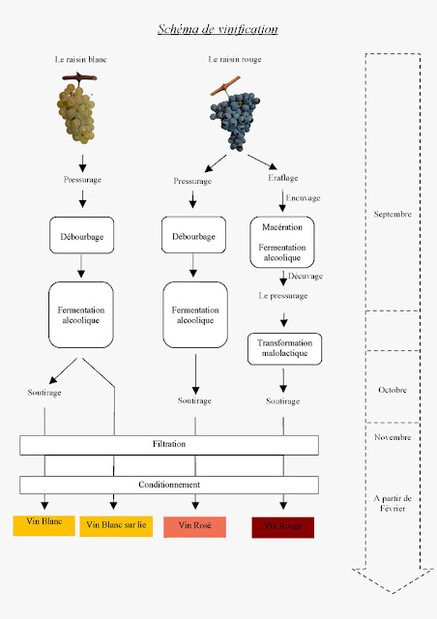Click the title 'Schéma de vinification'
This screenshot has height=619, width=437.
click(x=218, y=29)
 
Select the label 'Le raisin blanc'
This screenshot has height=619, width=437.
click(x=81, y=60)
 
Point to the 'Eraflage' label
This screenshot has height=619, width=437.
click(x=283, y=177)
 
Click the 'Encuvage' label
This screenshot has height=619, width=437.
click(x=303, y=198)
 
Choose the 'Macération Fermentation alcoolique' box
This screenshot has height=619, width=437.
click(x=282, y=241)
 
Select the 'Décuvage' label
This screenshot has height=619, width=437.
click(x=304, y=276)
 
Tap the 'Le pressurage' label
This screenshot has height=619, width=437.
click(x=282, y=296)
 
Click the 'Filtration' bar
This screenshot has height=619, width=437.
click(x=169, y=445)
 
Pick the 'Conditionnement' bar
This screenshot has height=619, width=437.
click(x=169, y=485)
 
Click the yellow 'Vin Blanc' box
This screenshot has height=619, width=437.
click(x=39, y=523)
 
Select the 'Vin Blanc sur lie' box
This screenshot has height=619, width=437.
click(x=115, y=525)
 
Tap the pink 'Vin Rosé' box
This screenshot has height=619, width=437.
click(x=194, y=526)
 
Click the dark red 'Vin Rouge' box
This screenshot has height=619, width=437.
click(x=282, y=526)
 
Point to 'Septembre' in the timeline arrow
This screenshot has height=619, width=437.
click(x=393, y=215)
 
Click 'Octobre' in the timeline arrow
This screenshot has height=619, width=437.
click(x=393, y=391)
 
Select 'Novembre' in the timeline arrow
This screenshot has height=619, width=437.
click(x=393, y=437)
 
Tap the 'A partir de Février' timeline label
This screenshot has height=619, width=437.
click(x=393, y=502)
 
